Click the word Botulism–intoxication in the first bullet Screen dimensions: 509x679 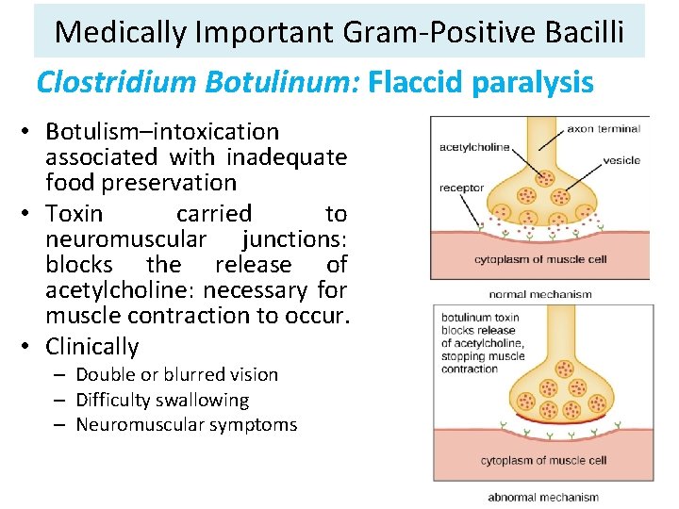pyautogui.click(x=162, y=132)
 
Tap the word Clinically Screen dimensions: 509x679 pyautogui.click(x=92, y=346)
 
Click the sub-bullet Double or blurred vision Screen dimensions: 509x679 pyautogui.click(x=176, y=374)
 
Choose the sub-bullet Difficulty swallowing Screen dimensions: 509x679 pyautogui.click(x=162, y=400)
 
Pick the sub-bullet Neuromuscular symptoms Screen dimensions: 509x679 pyautogui.click(x=186, y=424)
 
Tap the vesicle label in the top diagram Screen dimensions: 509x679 pyautogui.click(x=621, y=161)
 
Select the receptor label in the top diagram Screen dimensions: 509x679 pyautogui.click(x=460, y=188)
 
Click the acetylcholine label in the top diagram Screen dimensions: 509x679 pyautogui.click(x=473, y=147)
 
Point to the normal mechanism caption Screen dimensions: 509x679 pyautogui.click(x=540, y=294)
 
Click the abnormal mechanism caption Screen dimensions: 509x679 pyautogui.click(x=542, y=497)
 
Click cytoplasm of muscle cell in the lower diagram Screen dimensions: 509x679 pyautogui.click(x=542, y=461)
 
